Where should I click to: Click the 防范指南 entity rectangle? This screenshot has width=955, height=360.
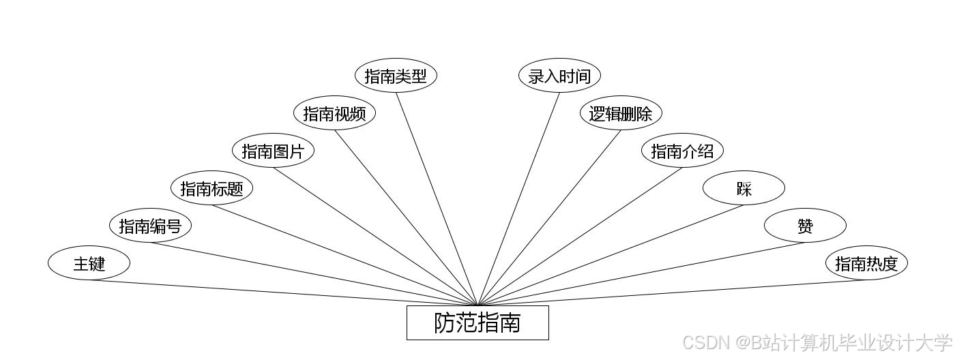477,322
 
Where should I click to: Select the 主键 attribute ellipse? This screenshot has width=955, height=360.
89,263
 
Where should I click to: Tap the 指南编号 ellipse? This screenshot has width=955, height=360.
150,226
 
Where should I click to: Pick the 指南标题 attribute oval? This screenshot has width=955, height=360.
211,188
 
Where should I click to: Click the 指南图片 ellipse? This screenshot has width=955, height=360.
273,151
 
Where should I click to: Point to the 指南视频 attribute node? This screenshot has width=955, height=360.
334,113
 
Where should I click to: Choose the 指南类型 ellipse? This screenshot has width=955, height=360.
396,76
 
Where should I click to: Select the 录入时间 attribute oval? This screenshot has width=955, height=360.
559,76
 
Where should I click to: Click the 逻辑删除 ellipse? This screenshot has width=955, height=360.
621,113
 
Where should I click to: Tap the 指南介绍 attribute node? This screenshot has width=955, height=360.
682,151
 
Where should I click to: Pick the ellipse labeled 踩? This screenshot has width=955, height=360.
744,188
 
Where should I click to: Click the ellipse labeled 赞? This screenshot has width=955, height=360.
805,226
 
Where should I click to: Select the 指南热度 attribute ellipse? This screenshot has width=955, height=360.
866,263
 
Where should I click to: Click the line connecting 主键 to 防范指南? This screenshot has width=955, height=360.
283,293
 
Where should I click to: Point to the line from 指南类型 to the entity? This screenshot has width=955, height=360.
437,199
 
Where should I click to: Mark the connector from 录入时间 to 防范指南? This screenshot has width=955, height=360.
518,199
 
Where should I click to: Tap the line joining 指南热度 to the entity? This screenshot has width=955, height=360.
672,293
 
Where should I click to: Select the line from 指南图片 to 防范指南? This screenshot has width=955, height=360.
375,237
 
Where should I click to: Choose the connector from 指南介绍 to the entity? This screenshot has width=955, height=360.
580,237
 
